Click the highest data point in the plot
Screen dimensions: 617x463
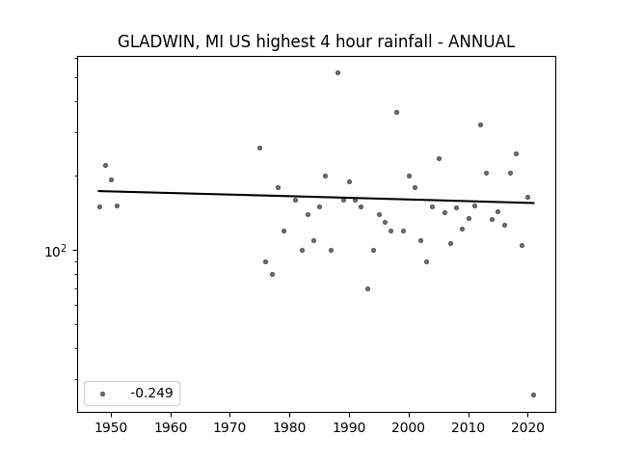(337, 73)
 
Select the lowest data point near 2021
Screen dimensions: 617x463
(533, 395)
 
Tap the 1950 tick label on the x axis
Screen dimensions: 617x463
(111, 427)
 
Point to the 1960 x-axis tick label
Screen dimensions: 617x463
(171, 427)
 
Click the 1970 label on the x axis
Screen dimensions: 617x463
(229, 427)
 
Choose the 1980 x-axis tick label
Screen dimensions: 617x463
(289, 427)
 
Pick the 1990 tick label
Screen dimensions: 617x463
(349, 427)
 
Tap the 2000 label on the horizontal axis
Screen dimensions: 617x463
(409, 427)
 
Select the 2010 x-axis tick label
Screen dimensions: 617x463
(469, 427)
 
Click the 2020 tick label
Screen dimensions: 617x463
(528, 427)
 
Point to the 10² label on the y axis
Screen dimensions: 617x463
(56, 251)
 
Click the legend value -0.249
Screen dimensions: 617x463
(152, 393)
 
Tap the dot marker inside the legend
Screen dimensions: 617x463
(102, 394)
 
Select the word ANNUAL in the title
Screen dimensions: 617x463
(481, 41)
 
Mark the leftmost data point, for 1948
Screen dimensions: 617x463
(99, 206)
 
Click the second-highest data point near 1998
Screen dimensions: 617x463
(396, 112)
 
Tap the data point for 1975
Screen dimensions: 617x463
(259, 148)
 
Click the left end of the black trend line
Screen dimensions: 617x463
(98, 191)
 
